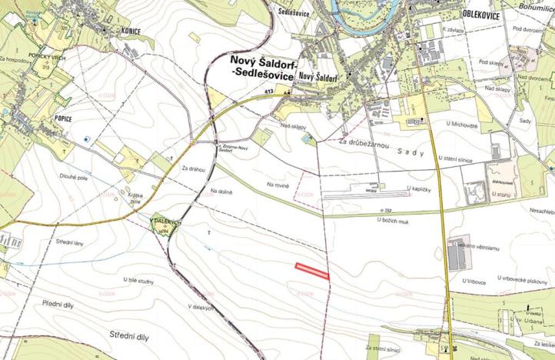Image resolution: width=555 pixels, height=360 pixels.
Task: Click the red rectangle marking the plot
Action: [312, 270]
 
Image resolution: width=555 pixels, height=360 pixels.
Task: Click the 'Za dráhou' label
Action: [195, 168]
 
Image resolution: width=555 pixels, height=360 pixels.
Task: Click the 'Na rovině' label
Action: [278, 185]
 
